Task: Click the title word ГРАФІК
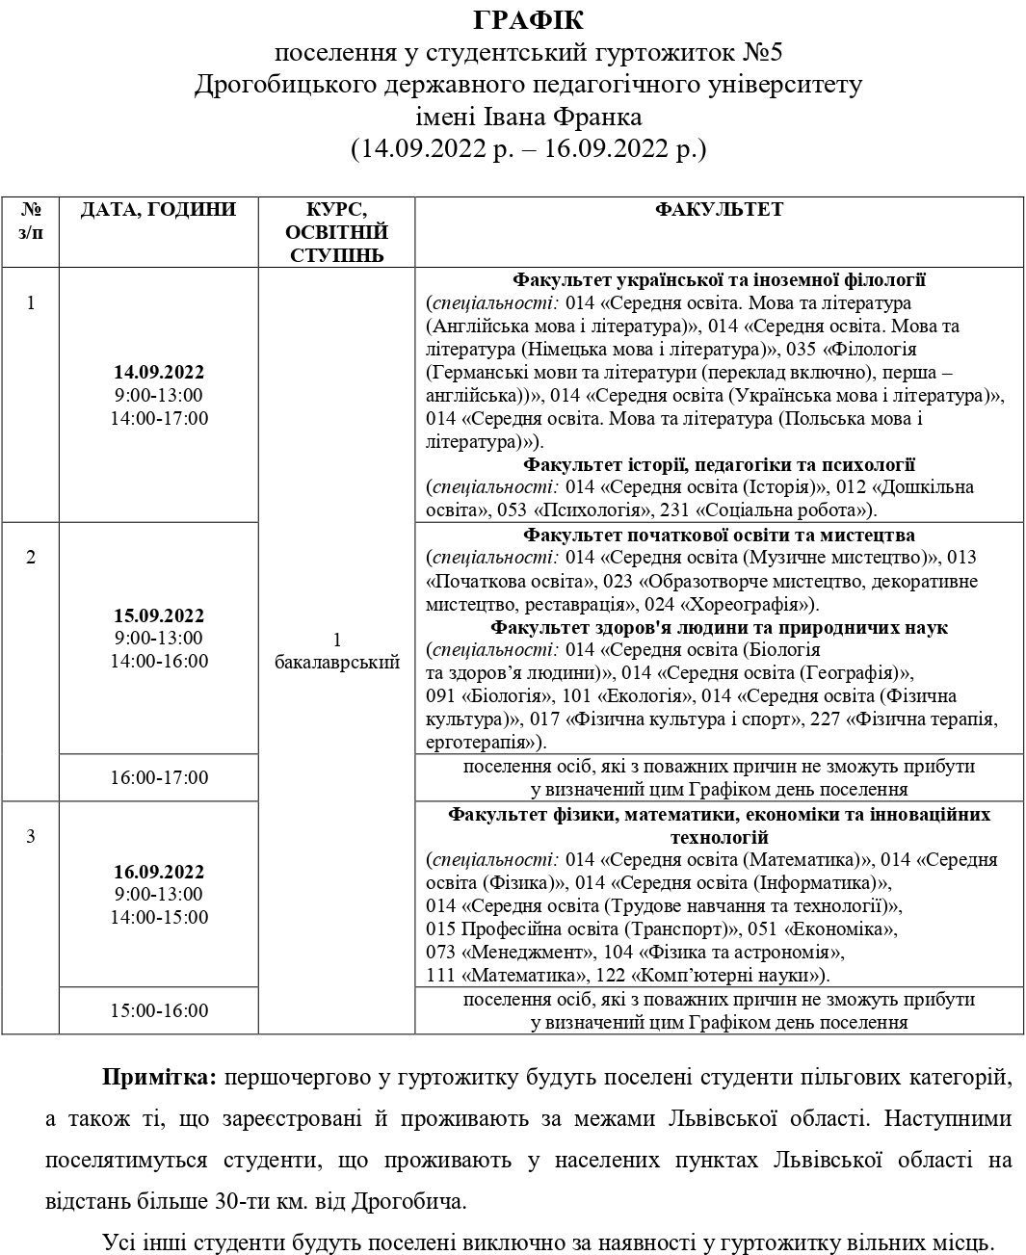tap(529, 20)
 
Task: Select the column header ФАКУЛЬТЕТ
tap(719, 210)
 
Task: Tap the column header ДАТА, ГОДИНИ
tap(158, 210)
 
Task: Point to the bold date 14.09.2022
tap(159, 373)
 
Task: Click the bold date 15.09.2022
tap(159, 615)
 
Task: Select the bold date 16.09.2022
tap(159, 872)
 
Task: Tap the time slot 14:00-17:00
tap(159, 419)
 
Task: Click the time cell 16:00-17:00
tap(159, 778)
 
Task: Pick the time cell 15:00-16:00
tap(159, 1011)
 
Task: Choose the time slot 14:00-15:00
tap(159, 918)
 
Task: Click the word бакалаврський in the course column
tap(337, 663)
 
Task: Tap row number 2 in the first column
tap(31, 558)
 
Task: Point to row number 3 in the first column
tap(31, 836)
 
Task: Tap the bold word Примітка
tap(159, 1076)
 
